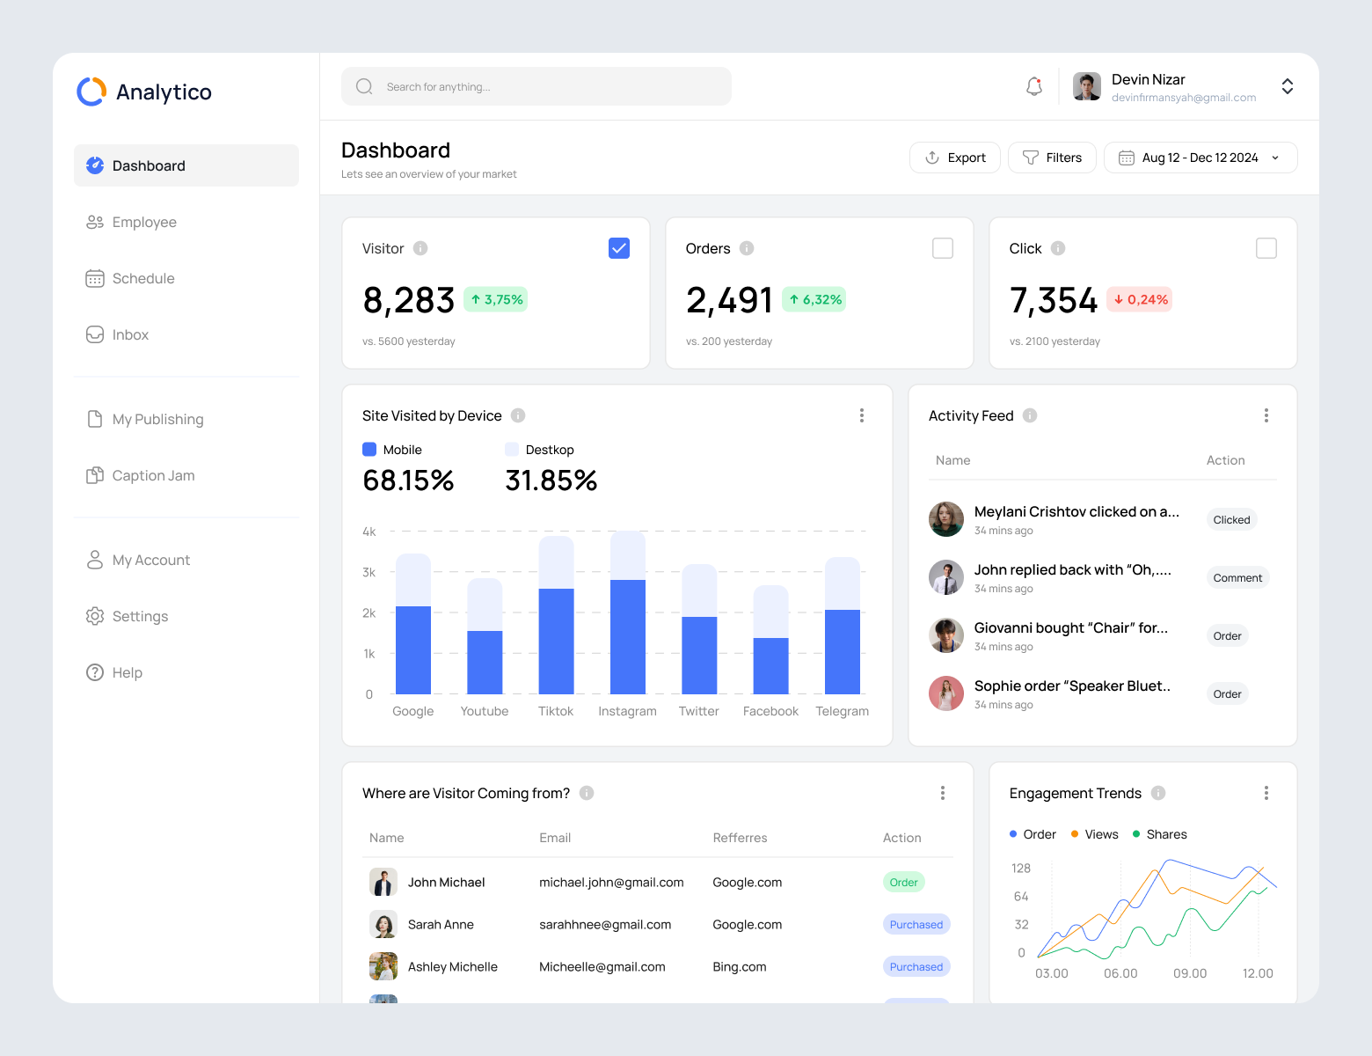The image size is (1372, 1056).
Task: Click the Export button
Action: coord(954,158)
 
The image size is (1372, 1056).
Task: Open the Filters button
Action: coord(1052,158)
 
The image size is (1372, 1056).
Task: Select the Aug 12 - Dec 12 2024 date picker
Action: coord(1200,158)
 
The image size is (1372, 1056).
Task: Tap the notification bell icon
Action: coord(1034,86)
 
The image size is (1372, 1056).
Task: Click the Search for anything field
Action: coord(536,86)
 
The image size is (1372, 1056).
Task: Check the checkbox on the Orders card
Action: coord(942,248)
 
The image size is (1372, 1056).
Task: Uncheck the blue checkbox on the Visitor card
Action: coord(619,248)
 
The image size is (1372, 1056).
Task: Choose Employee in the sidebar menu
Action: coord(144,222)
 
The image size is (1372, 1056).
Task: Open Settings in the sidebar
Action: coord(140,616)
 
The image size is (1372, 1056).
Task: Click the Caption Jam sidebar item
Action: coord(153,475)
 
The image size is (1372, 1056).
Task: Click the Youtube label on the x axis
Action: coord(485,711)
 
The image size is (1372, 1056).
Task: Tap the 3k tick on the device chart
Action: coord(369,572)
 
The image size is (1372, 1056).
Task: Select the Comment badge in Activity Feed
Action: coord(1237,578)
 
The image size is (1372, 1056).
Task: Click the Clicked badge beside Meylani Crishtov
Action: coord(1231,520)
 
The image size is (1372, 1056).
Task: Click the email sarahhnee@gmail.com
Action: coord(605,924)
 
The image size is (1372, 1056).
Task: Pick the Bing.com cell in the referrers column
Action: coord(740,966)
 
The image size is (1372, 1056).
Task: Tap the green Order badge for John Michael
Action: coord(903,883)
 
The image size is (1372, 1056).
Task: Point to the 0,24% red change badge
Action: coord(1140,299)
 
